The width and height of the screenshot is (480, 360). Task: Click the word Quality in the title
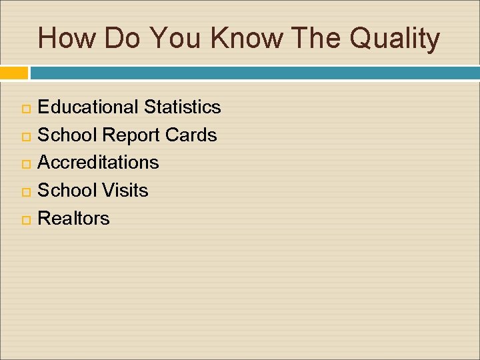point(395,39)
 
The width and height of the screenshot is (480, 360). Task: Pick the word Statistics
point(182,107)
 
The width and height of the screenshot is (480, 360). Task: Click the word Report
point(131,135)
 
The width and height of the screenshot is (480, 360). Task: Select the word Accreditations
point(98,162)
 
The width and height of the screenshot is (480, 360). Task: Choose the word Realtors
point(73,218)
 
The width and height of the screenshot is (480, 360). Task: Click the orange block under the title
point(14,72)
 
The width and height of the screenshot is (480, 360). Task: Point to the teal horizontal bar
point(254,72)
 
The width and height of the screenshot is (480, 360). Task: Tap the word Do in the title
point(121,39)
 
